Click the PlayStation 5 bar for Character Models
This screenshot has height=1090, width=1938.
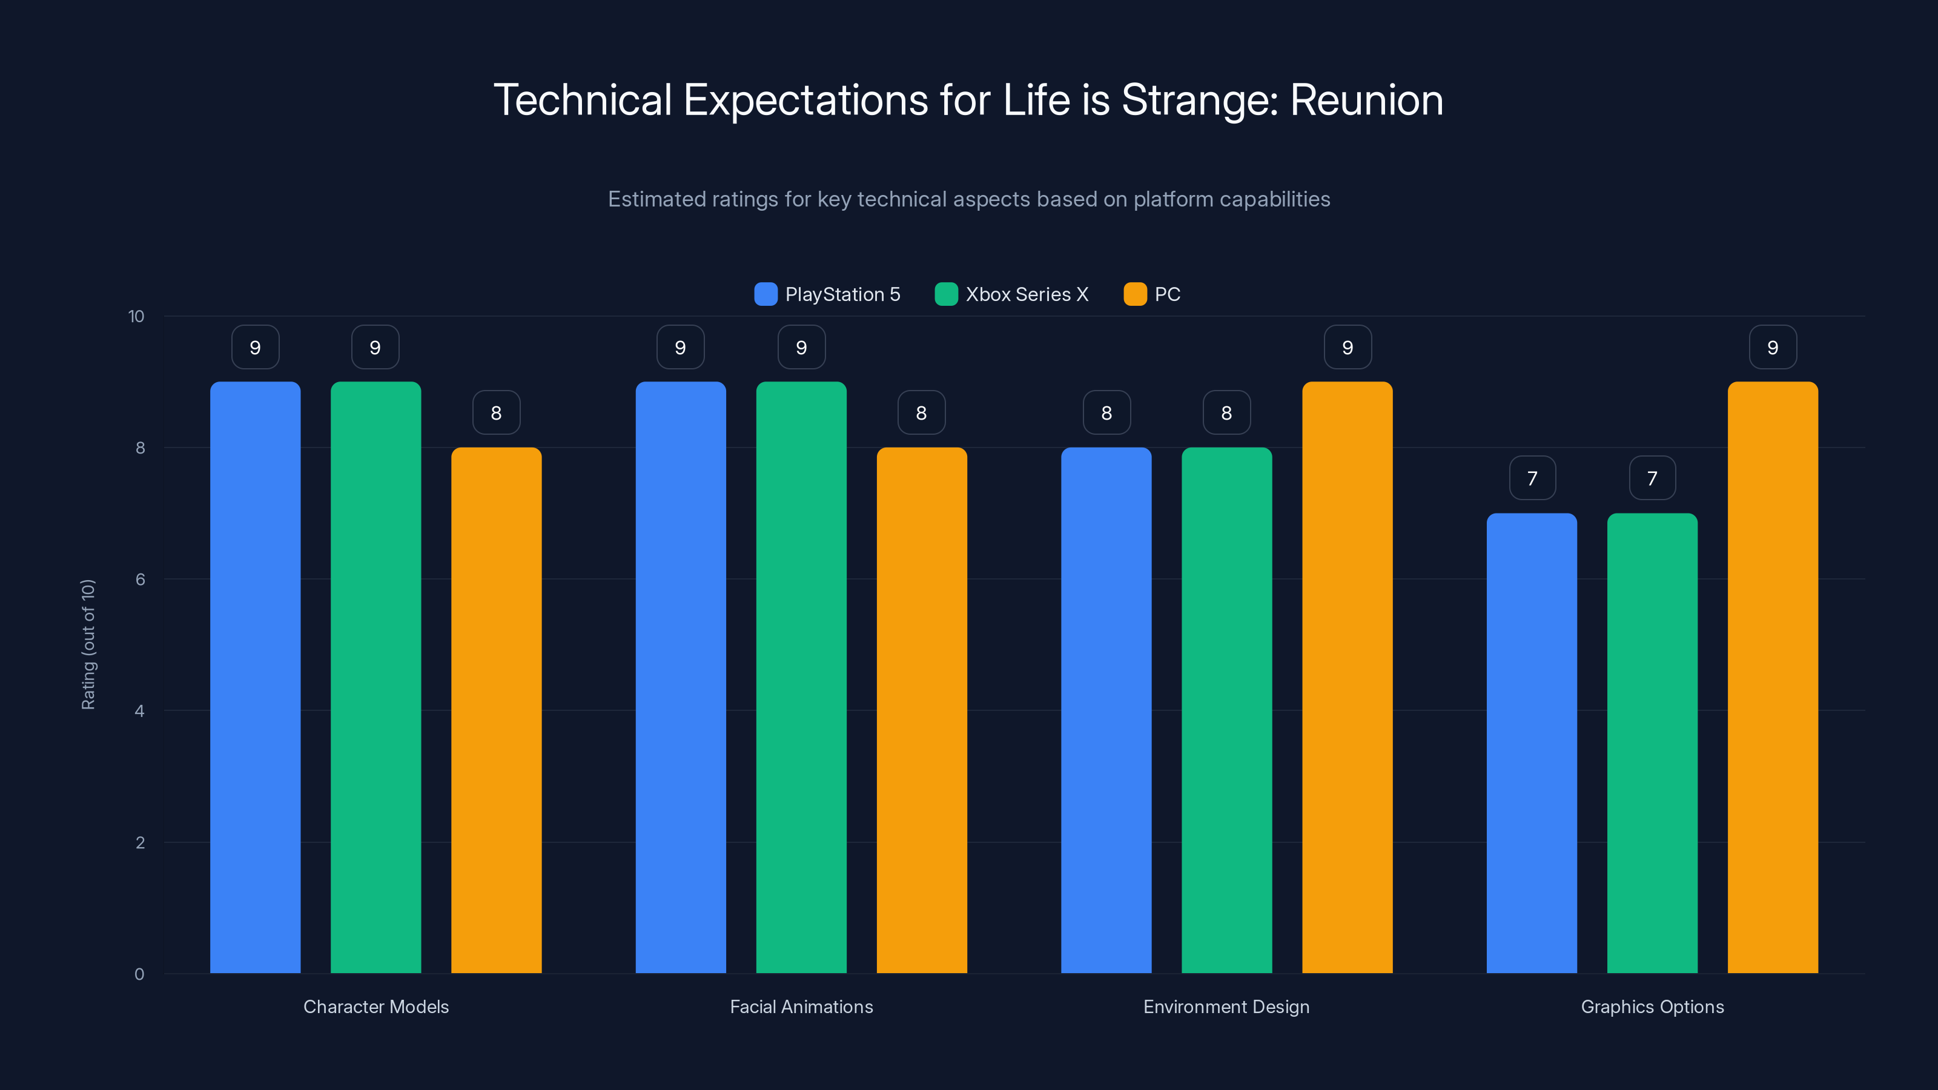(x=255, y=677)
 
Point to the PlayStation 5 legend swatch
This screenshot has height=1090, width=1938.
(x=765, y=294)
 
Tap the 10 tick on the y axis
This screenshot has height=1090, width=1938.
(x=136, y=316)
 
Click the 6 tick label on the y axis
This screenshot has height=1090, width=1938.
(x=140, y=580)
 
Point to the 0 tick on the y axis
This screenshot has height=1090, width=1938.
(x=139, y=974)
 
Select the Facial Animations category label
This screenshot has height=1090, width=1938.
(x=801, y=1006)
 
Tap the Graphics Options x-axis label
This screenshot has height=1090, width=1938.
(x=1652, y=1006)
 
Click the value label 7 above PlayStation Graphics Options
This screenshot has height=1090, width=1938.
(x=1532, y=478)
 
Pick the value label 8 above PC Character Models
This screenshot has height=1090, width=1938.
(x=496, y=413)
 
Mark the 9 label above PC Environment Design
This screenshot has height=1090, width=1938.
(x=1347, y=348)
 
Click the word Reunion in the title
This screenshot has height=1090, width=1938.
(x=1366, y=100)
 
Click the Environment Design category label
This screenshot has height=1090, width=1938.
(x=1226, y=1006)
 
